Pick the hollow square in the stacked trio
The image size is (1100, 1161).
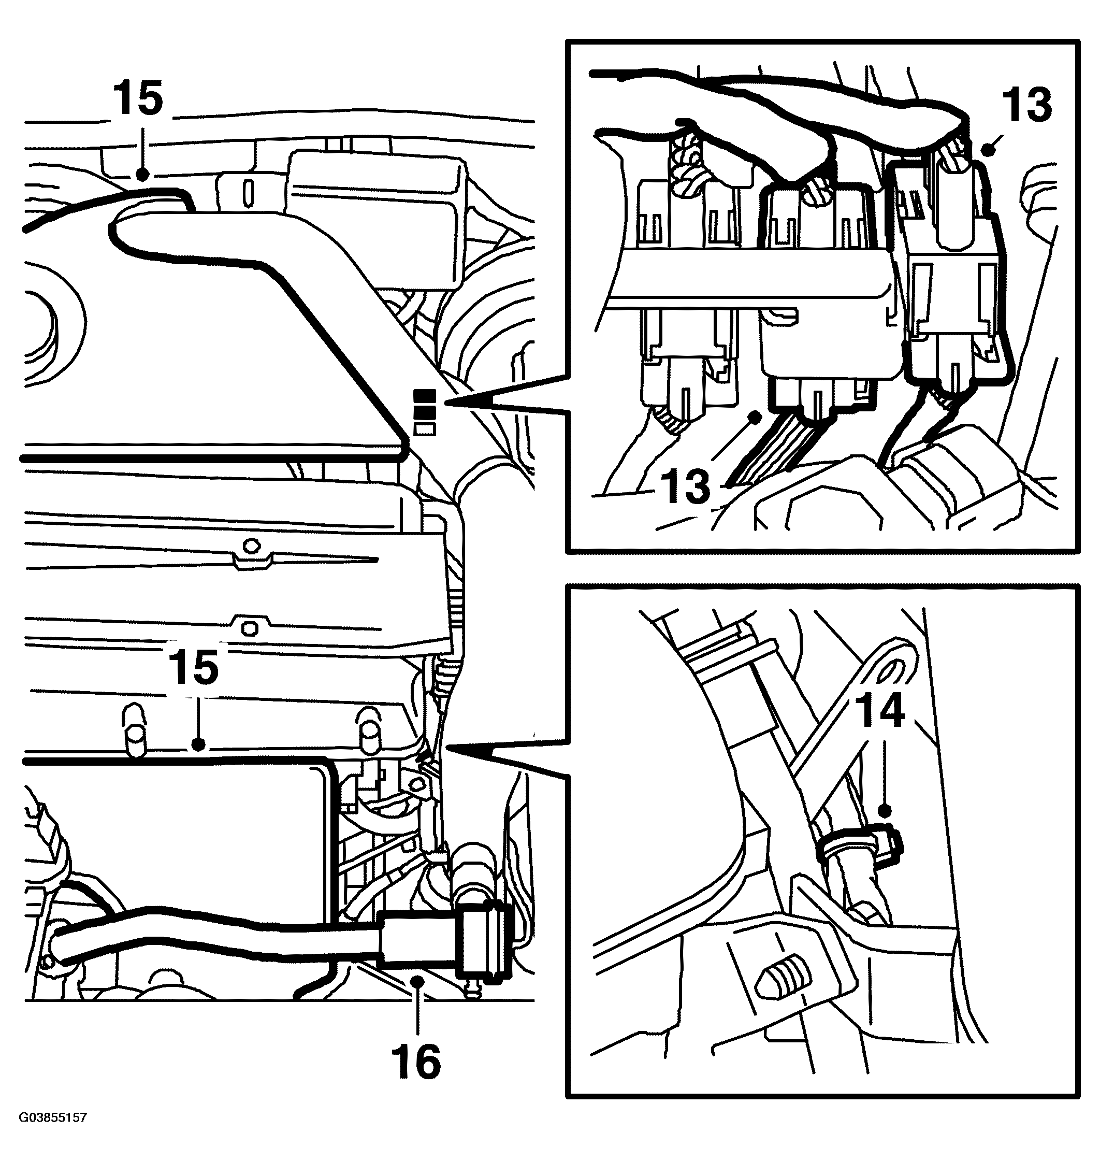[425, 429]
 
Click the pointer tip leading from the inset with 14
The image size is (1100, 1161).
[447, 747]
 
